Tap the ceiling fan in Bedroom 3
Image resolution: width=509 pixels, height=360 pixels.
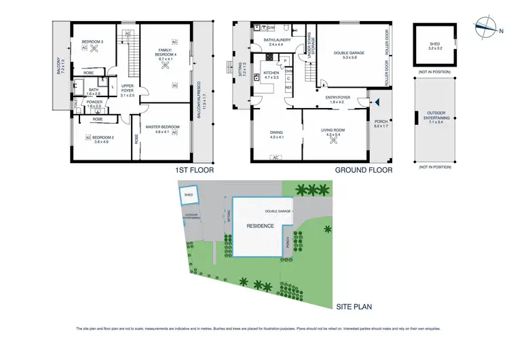(93, 56)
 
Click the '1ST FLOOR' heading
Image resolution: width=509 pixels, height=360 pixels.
(194, 171)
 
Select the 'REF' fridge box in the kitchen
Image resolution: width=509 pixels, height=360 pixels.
(288, 88)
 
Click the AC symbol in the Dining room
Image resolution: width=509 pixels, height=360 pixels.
(275, 158)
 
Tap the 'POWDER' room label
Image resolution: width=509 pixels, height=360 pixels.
(94, 104)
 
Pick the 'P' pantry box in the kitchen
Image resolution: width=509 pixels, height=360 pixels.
(286, 60)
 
